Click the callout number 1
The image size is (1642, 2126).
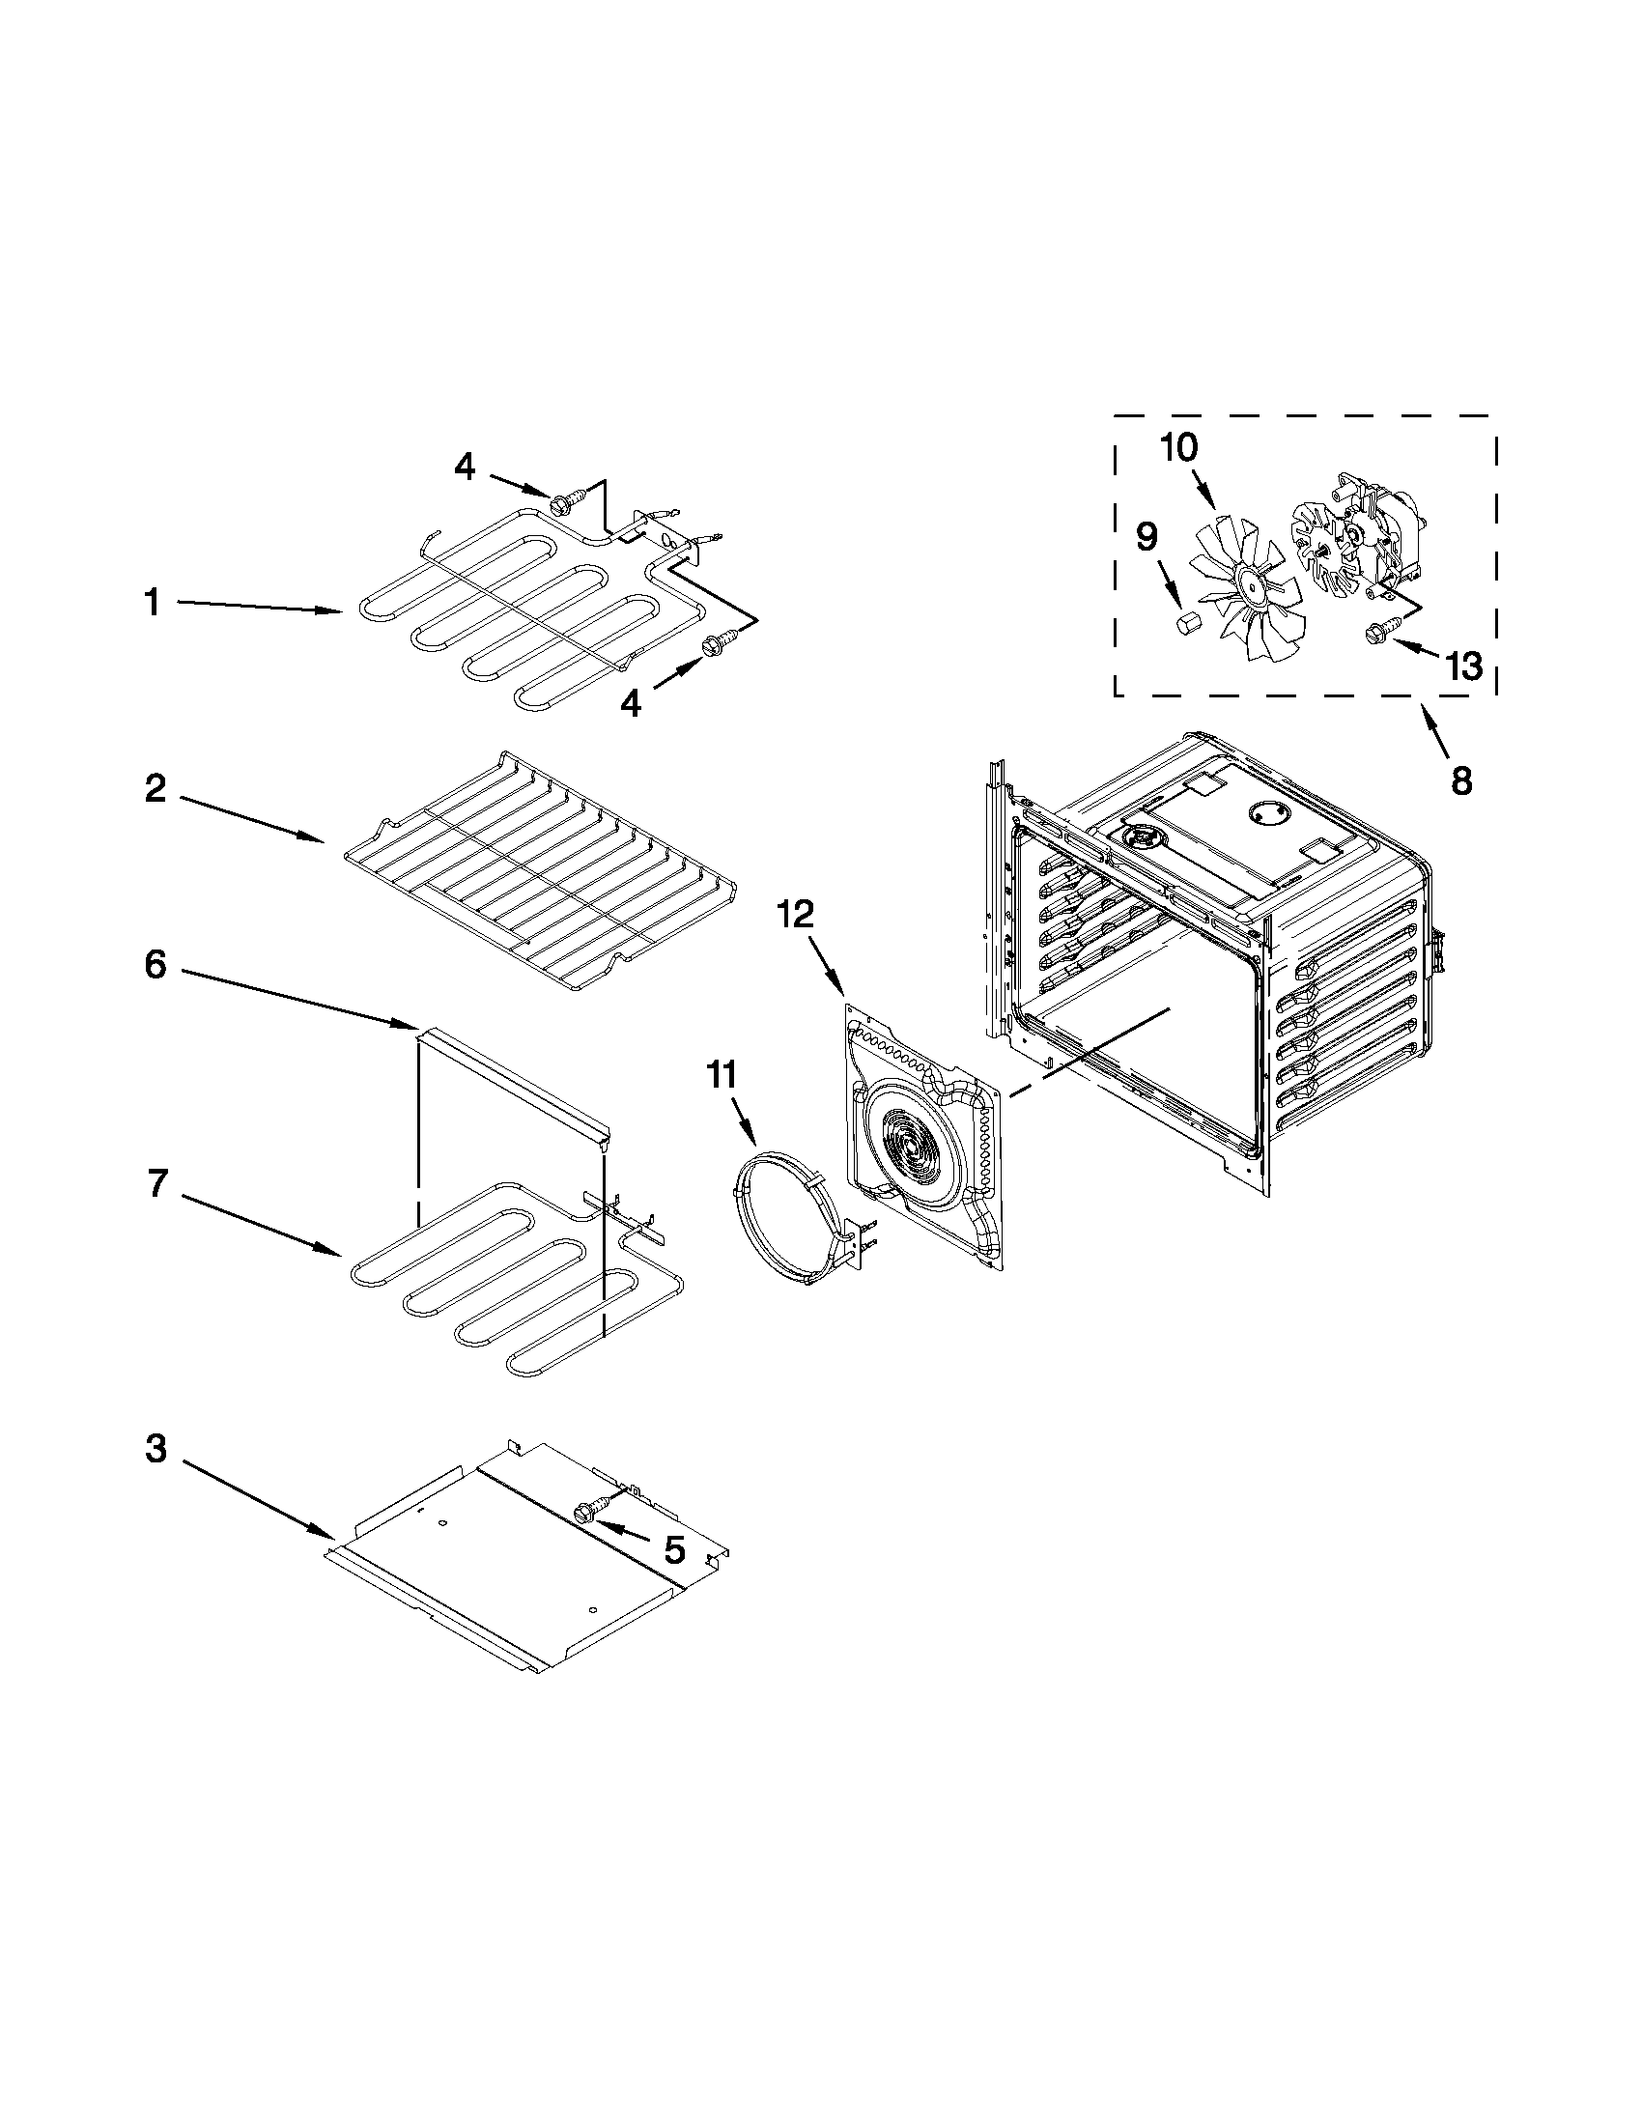152,603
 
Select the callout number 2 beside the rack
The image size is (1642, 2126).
156,787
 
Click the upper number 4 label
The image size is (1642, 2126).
466,468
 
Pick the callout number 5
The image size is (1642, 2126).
673,1548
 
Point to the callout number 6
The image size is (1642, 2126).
156,965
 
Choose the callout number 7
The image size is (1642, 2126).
157,1183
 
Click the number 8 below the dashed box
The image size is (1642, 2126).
1461,780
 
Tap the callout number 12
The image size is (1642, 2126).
796,915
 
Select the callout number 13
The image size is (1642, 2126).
1463,666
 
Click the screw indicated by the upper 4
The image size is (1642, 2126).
561,504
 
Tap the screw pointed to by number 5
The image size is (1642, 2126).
585,1511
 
